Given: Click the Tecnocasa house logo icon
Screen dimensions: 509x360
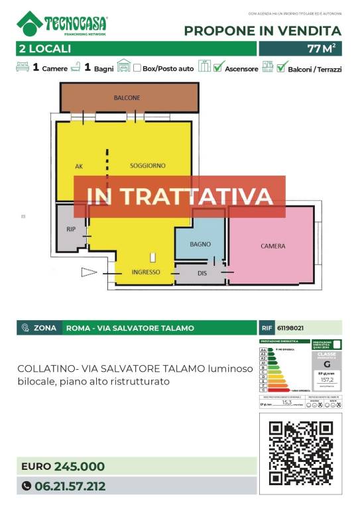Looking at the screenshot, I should [x=30, y=23].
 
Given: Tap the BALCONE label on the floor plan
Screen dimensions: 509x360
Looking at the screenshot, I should [x=127, y=98].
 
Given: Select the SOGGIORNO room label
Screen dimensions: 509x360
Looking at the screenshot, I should [x=148, y=165].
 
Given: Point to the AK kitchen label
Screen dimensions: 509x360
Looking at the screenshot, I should [x=80, y=166].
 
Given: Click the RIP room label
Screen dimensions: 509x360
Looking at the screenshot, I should [x=72, y=229].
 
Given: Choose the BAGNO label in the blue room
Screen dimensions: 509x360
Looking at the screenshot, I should [x=200, y=245].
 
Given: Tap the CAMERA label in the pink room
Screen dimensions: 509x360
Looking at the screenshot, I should [x=272, y=246].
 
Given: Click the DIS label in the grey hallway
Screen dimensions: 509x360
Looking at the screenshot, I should [x=204, y=272].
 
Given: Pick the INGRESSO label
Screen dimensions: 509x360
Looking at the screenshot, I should [x=145, y=272].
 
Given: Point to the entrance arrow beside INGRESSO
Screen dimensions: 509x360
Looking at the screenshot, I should [x=89, y=272].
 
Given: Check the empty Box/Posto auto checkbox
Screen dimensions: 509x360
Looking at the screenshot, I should [x=137, y=68].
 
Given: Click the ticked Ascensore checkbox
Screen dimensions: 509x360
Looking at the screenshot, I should [x=218, y=67].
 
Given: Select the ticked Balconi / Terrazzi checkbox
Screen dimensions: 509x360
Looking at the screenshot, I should [x=282, y=67].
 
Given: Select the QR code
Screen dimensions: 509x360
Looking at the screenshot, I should [x=300, y=453].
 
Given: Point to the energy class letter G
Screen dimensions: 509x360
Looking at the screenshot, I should [x=326, y=364].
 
